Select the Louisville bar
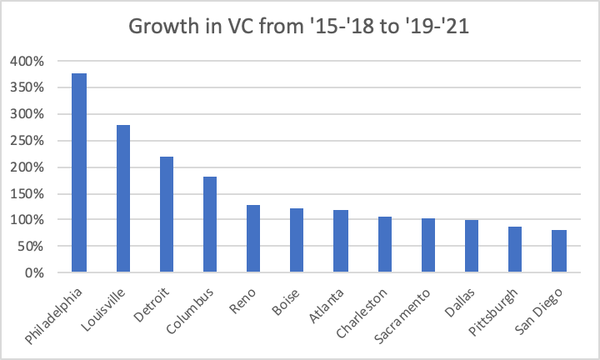[x=122, y=199]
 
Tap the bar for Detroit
[x=167, y=215]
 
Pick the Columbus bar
[x=210, y=225]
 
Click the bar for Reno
[x=254, y=239]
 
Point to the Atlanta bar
[x=341, y=242]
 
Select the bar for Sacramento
[x=428, y=246]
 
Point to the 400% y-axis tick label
[x=28, y=62]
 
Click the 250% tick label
[x=28, y=141]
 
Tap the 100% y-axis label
[x=28, y=220]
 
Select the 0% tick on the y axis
[x=34, y=273]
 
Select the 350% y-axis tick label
[x=28, y=87]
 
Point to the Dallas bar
[x=472, y=247]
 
